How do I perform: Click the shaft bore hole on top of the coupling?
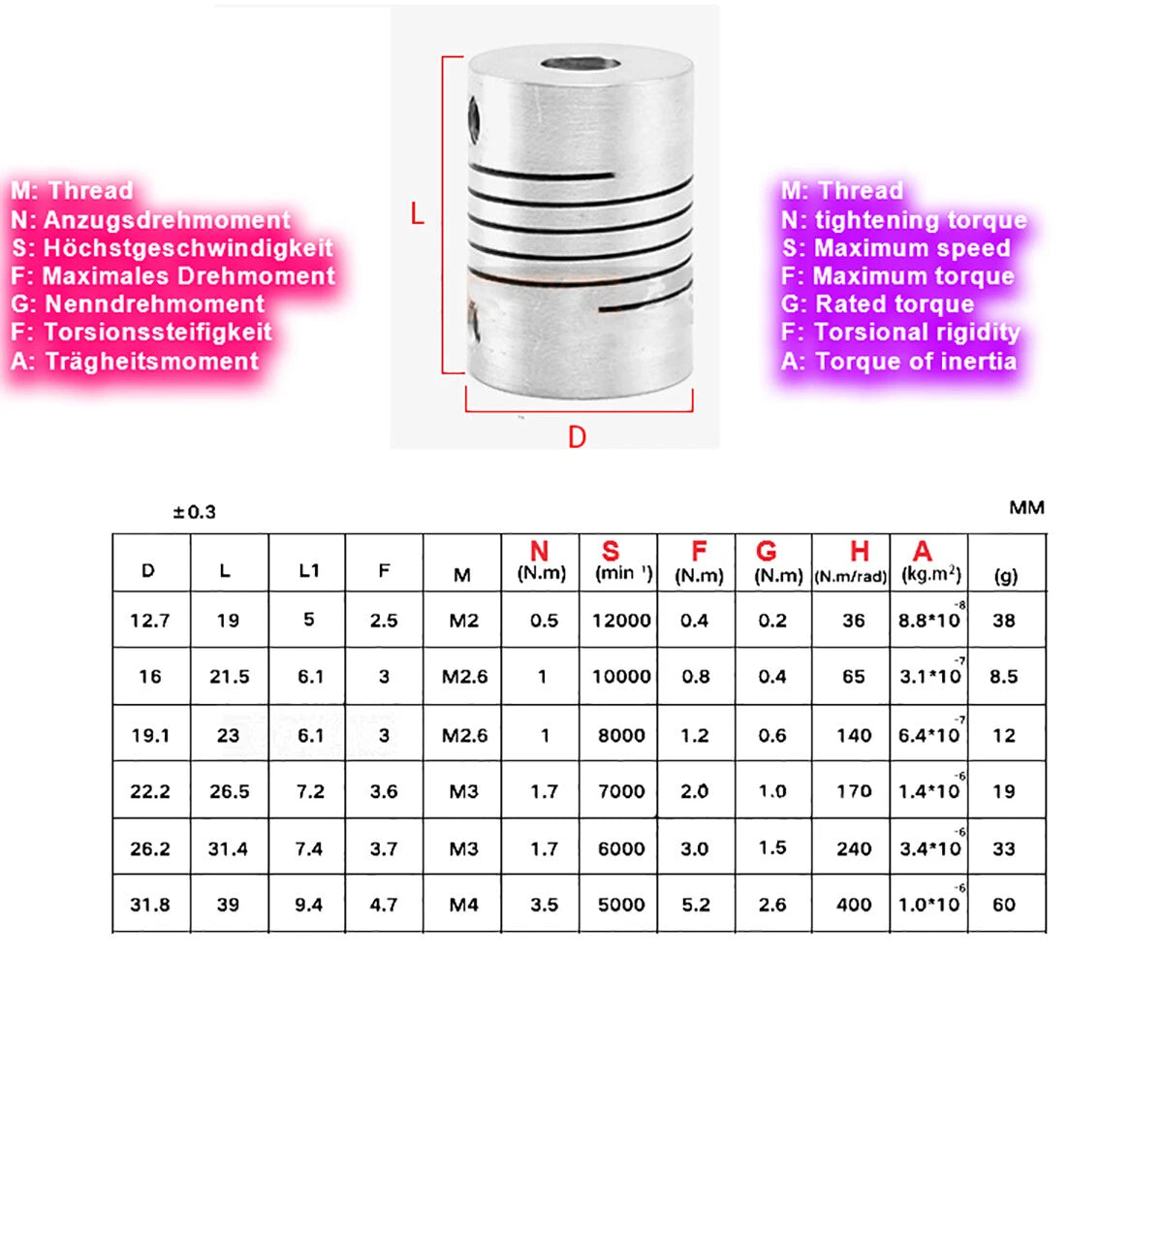(581, 63)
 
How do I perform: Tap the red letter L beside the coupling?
(417, 214)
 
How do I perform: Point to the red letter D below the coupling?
(577, 436)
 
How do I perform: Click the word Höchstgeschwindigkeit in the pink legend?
(188, 248)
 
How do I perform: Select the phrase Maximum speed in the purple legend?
(912, 248)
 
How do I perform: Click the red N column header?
(540, 551)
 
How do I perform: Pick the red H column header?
(860, 551)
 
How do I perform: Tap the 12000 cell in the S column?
(621, 621)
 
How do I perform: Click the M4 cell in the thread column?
(463, 905)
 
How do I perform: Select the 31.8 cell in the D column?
(150, 905)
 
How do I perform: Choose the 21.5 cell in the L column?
(229, 676)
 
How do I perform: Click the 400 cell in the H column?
(854, 905)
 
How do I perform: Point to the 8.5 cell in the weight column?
(1004, 676)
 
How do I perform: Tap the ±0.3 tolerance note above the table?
(195, 512)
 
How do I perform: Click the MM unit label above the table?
(1026, 507)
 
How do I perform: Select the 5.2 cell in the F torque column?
(696, 905)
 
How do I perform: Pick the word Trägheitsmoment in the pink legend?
(152, 361)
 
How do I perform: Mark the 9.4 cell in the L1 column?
(308, 905)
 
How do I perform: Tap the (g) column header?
(1006, 576)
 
